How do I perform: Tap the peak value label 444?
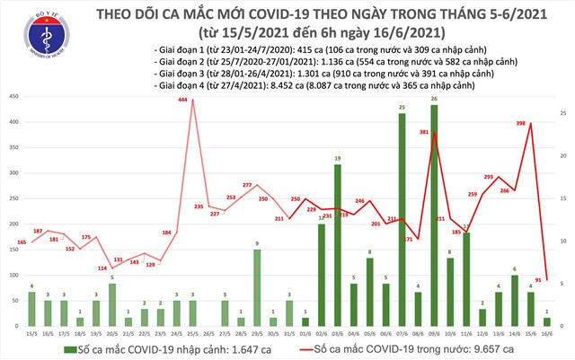tap(182, 101)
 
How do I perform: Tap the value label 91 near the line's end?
tap(537, 278)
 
